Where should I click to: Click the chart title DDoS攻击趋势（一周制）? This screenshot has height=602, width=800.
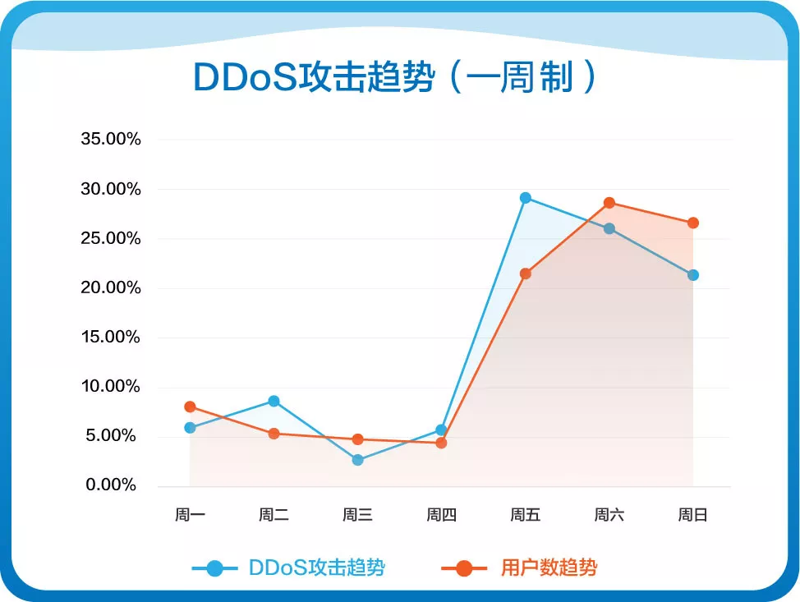(x=394, y=78)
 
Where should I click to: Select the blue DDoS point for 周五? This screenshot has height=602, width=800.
(x=526, y=198)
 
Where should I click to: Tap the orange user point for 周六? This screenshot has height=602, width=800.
(x=609, y=203)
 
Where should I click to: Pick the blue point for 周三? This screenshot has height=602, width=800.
(x=357, y=460)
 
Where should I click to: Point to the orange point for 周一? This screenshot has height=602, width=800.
(x=190, y=407)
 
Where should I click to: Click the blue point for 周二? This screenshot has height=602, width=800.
(x=274, y=401)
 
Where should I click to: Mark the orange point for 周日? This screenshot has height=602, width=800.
(x=693, y=223)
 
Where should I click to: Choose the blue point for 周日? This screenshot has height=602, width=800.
(x=693, y=275)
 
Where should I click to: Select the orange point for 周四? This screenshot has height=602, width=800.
(x=441, y=443)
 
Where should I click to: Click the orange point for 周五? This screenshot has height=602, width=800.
(x=526, y=273)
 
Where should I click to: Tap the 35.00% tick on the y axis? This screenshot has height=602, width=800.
(x=111, y=140)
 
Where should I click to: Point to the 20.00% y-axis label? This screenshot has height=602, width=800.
(x=111, y=288)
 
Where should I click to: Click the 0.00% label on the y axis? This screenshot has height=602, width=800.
(x=111, y=485)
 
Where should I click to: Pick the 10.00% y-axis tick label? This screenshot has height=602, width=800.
(x=111, y=387)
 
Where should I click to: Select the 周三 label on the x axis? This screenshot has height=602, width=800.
(x=357, y=516)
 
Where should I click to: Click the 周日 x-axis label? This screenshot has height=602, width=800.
(x=692, y=516)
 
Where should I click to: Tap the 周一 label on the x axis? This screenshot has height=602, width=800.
(x=190, y=516)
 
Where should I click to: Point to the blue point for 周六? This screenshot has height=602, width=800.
(x=609, y=228)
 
